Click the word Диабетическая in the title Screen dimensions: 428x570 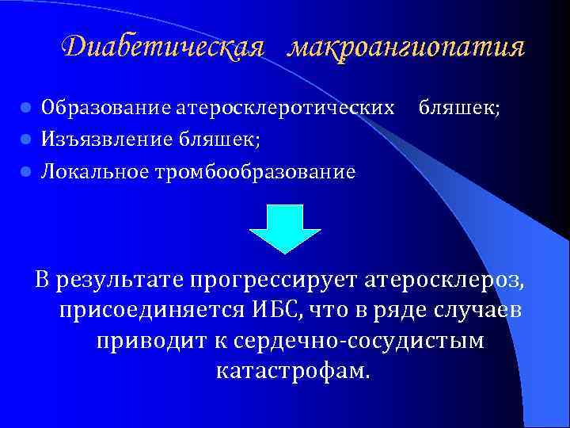[162, 48]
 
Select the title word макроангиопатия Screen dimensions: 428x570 [406, 48]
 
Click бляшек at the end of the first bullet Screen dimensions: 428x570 [459, 107]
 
